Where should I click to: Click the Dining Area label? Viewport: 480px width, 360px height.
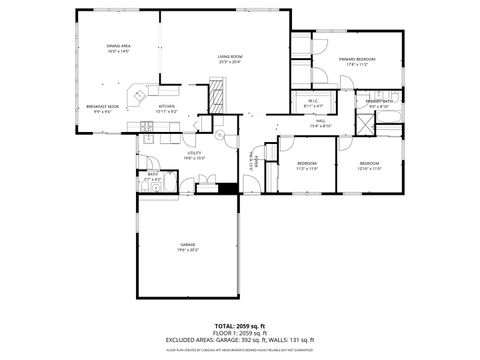(118, 47)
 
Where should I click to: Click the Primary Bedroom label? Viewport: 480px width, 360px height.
(356, 60)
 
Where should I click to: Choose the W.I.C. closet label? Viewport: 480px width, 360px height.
(313, 100)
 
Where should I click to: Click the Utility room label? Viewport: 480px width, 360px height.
(166, 152)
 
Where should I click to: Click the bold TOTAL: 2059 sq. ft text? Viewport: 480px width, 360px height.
(239, 326)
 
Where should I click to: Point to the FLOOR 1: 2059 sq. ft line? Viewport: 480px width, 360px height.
(239, 333)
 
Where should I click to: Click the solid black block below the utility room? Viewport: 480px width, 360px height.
(227, 187)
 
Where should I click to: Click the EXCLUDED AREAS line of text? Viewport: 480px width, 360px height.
(239, 340)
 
